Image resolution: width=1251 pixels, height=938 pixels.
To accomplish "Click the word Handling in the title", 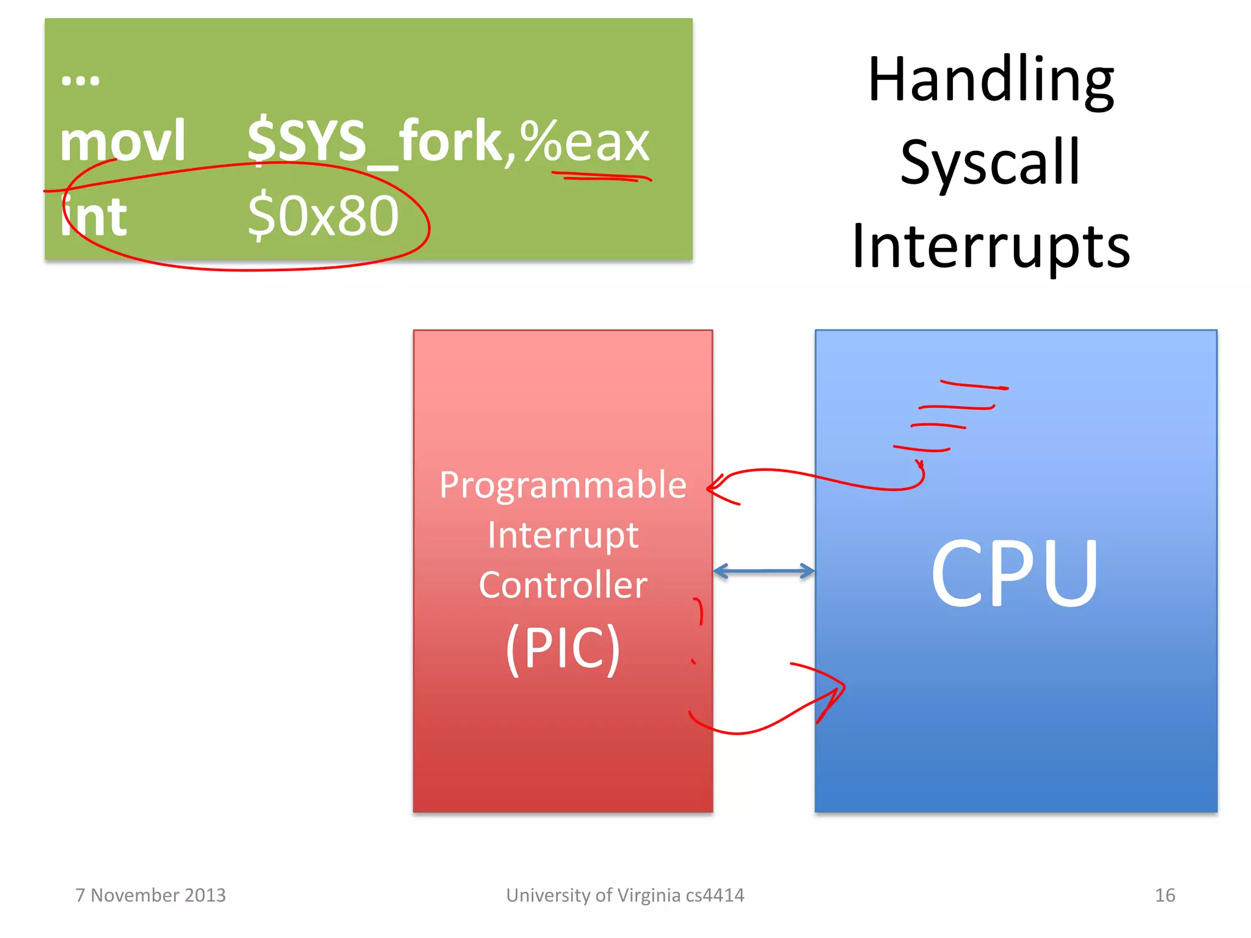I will click(991, 81).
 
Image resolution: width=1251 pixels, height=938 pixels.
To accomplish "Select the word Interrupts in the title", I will click(991, 246).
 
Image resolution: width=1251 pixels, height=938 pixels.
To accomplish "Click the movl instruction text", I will click(122, 141).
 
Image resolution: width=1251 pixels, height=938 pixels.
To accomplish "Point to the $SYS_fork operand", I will click(374, 141).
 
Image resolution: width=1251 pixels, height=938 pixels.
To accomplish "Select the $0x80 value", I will click(323, 216).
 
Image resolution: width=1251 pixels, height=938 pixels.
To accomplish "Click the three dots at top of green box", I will click(80, 80).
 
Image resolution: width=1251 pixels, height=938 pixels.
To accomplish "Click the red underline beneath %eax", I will click(602, 177).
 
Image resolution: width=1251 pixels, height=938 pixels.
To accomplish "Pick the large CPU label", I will click(1015, 573).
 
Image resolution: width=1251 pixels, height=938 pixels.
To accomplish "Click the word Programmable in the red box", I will click(563, 485).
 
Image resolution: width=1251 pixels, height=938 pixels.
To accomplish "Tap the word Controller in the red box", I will click(563, 585).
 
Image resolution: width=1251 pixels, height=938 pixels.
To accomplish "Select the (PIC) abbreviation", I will click(563, 648).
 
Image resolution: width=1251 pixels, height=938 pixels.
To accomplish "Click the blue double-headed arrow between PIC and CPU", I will click(764, 572).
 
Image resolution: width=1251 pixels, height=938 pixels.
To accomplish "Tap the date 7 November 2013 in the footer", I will click(150, 895).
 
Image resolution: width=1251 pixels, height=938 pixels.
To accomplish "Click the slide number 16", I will click(1164, 895).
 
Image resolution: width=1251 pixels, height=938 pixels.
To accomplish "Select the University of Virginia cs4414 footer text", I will click(625, 895).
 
